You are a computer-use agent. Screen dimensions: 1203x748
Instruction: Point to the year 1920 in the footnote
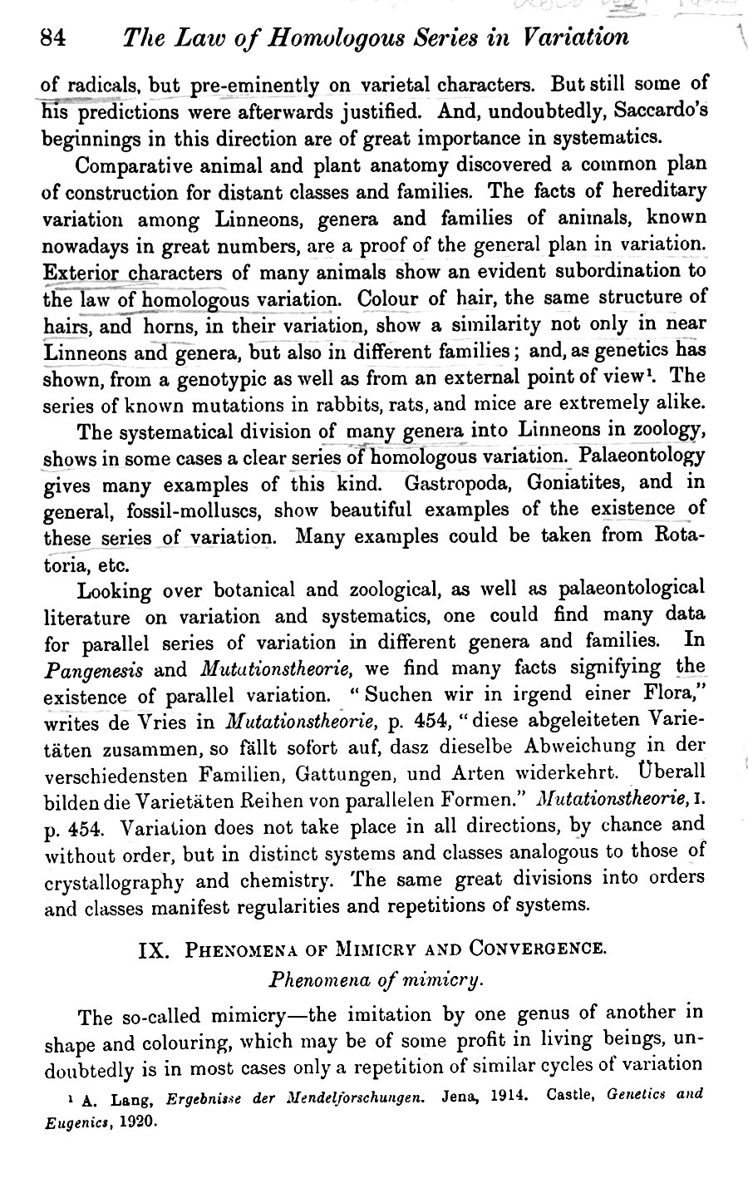(135, 1121)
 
